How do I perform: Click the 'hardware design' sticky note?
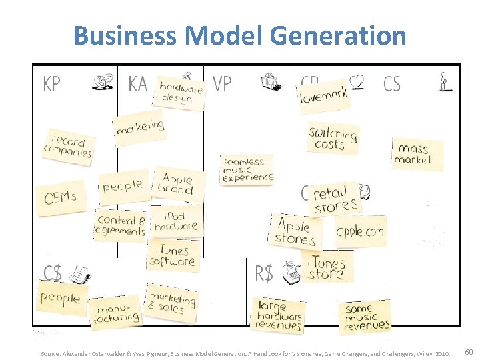coord(180,93)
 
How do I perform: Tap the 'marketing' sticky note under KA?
coord(139,127)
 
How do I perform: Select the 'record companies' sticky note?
coord(69,147)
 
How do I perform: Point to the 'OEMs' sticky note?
coord(61,197)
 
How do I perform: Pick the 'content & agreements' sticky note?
coord(121,225)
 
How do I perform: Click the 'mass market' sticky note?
coord(417,153)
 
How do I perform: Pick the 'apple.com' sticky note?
coord(360,231)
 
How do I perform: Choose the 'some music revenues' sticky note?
coord(367,317)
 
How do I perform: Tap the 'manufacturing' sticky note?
coord(118,313)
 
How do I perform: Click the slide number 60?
coord(469,351)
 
